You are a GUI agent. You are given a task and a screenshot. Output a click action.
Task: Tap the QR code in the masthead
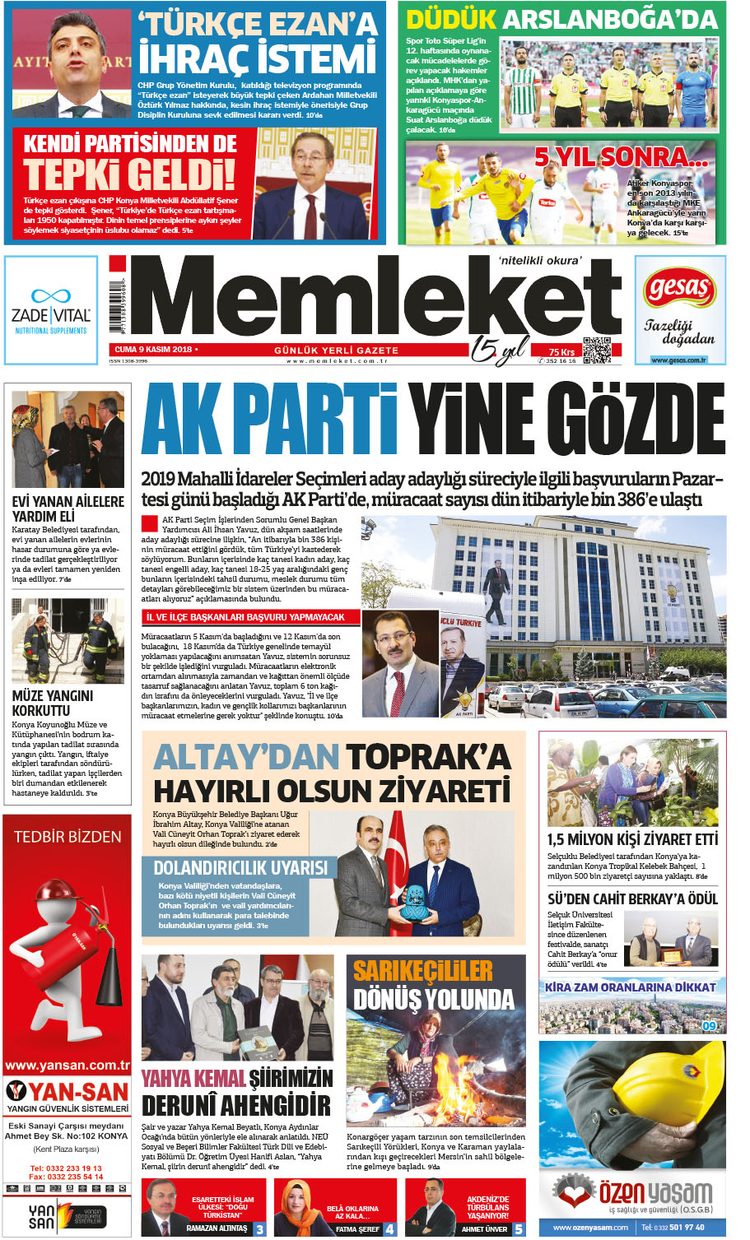[597, 350]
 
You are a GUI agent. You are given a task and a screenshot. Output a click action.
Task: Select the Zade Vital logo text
[51, 315]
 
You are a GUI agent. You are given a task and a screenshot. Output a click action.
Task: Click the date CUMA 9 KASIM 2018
[153, 350]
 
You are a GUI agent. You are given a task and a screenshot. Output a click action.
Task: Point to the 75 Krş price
[561, 352]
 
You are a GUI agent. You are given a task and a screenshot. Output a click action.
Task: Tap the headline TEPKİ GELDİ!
[129, 174]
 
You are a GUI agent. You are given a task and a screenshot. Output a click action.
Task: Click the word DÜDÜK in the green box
[451, 19]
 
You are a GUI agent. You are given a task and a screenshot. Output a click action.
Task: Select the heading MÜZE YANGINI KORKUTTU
[53, 703]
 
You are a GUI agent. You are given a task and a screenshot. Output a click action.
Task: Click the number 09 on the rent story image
[710, 1025]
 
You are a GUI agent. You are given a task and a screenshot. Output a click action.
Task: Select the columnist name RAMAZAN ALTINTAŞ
[217, 1228]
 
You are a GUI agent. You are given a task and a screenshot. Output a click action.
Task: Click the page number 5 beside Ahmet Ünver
[519, 1229]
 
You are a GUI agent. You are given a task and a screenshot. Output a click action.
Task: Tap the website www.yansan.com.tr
[67, 1065]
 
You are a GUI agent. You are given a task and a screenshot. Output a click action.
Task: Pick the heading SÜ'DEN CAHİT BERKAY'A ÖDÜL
[632, 899]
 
